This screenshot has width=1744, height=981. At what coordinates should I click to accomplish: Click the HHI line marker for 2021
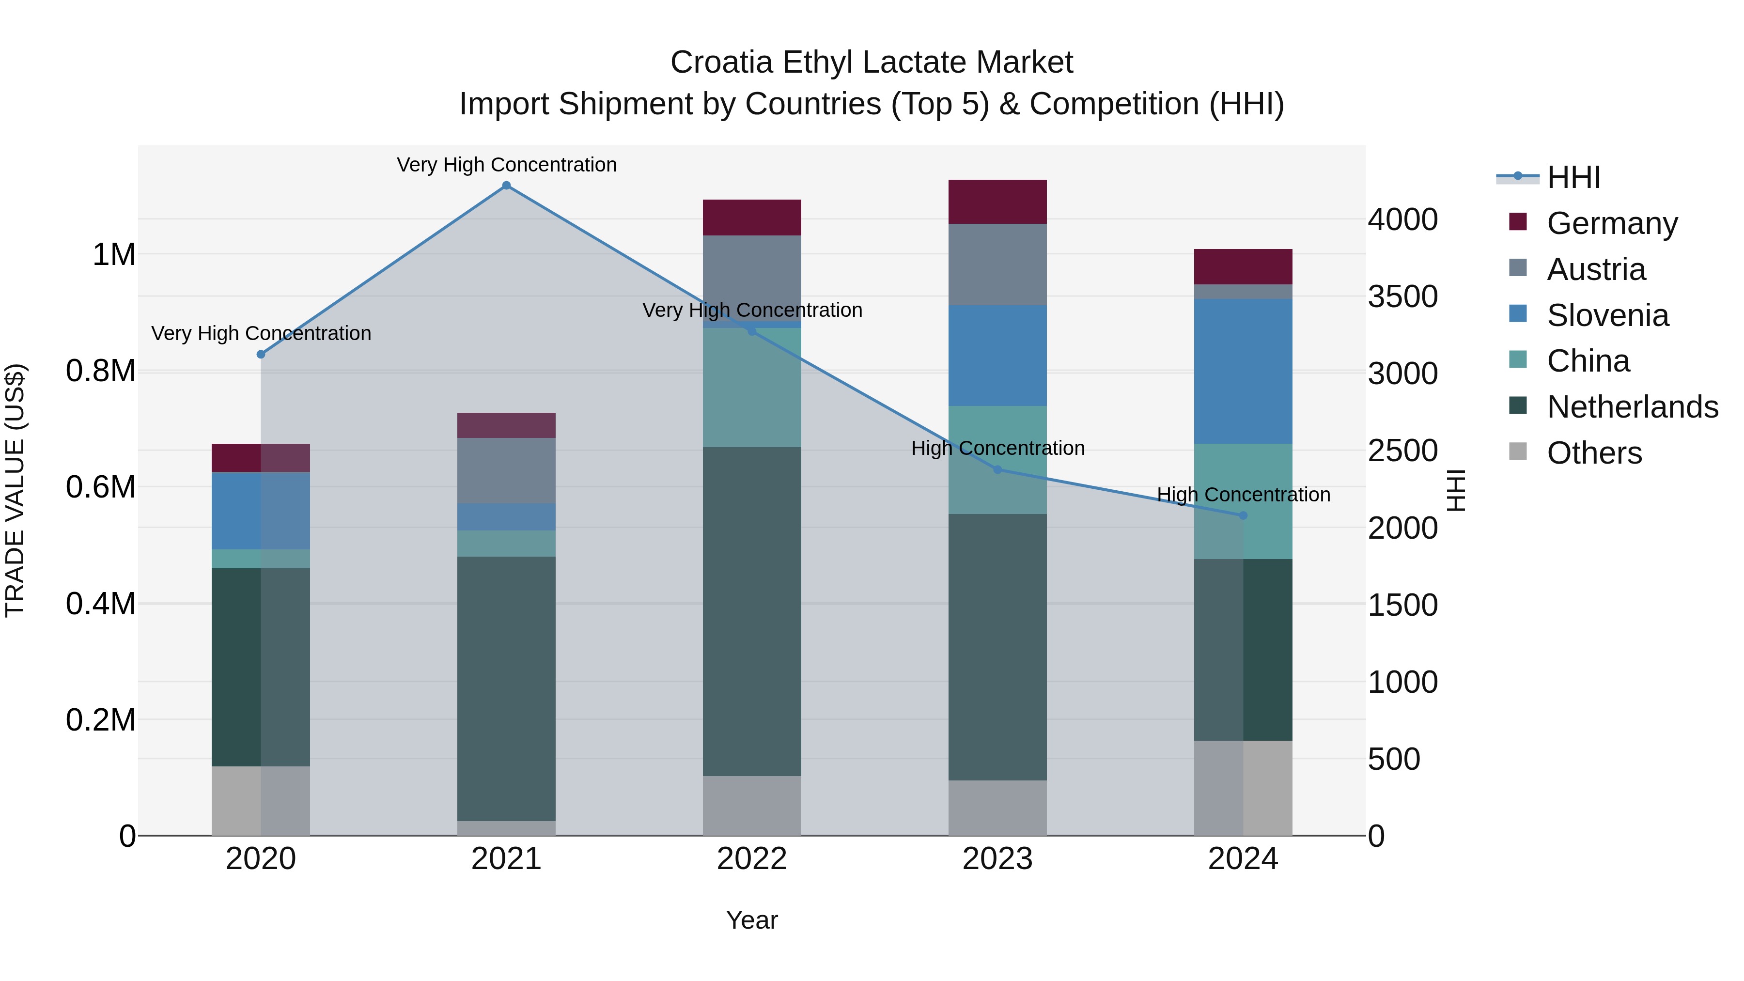pos(506,186)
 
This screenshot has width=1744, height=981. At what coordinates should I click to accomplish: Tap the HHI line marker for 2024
pos(1243,515)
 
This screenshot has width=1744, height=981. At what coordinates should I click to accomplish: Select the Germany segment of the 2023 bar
pos(997,202)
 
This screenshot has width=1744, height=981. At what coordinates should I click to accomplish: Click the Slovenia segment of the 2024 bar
pos(1243,371)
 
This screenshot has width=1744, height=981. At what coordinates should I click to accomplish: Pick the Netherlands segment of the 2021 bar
pos(506,688)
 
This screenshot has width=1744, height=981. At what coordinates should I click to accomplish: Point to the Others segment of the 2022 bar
pos(751,805)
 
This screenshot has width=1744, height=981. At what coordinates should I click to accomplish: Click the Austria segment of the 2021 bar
pos(506,470)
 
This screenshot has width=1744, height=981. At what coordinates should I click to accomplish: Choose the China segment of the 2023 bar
pos(997,460)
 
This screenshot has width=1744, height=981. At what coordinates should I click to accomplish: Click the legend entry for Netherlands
pos(1632,407)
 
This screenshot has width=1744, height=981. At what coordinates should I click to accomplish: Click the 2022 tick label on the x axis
pos(751,859)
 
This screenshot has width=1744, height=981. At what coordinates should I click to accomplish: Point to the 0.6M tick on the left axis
pos(101,487)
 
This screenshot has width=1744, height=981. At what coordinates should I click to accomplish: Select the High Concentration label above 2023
pos(998,448)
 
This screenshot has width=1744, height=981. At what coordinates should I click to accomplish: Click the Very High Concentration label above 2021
pos(506,165)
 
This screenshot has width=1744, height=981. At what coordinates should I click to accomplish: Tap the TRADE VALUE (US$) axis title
pos(15,490)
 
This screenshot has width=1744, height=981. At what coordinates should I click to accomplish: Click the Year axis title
pos(751,920)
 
